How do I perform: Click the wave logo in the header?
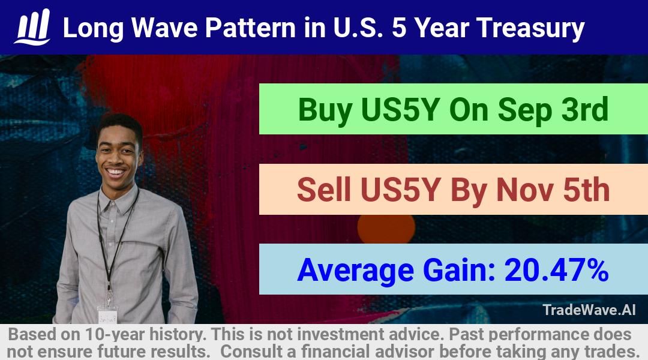coord(32,27)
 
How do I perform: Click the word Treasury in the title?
coord(530,29)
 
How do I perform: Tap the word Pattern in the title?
coord(250,28)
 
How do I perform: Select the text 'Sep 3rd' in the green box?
coord(553,110)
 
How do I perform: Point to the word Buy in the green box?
coord(325,110)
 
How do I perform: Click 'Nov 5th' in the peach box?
coord(553,190)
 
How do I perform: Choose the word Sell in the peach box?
coord(324,190)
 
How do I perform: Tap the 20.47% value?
coord(556,270)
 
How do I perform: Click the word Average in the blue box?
coord(355,271)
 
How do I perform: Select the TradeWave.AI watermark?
coord(589,310)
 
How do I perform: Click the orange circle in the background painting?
coord(386,229)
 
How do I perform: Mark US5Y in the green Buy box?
coord(400,110)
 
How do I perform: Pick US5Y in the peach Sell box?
coord(400,190)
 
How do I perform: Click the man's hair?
coord(120,124)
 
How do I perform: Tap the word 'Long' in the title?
coord(94,29)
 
